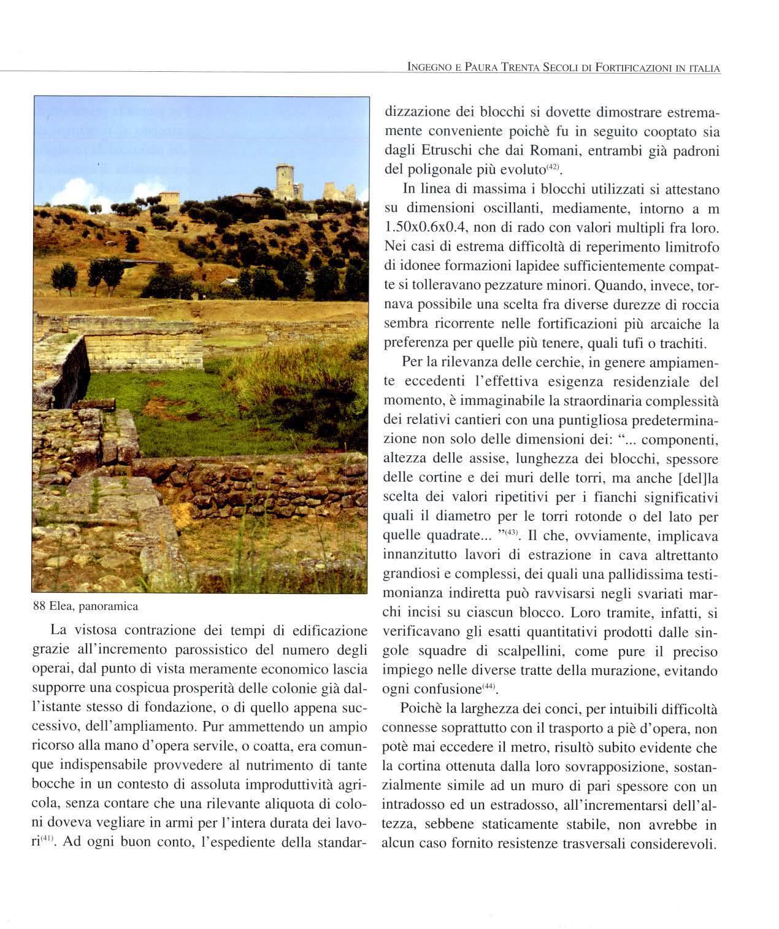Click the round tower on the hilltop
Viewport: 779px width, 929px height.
pos(285,181)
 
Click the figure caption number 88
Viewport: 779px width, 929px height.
pos(40,607)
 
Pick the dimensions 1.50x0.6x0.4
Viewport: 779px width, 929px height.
pos(427,228)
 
